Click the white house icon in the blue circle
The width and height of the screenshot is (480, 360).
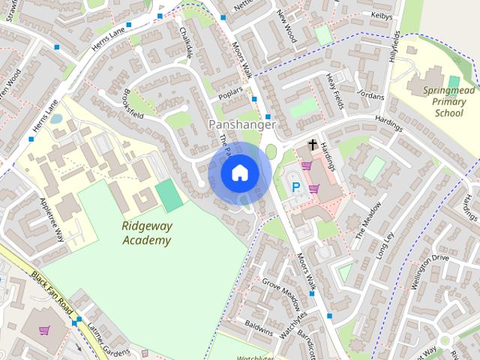239,172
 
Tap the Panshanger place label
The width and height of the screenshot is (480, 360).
242,124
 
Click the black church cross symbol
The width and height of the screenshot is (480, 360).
311,144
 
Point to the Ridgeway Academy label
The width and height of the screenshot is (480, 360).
146,233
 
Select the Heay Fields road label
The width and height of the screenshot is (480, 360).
334,91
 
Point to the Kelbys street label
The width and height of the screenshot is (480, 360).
382,14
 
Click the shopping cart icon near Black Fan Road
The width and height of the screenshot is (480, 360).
44,330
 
